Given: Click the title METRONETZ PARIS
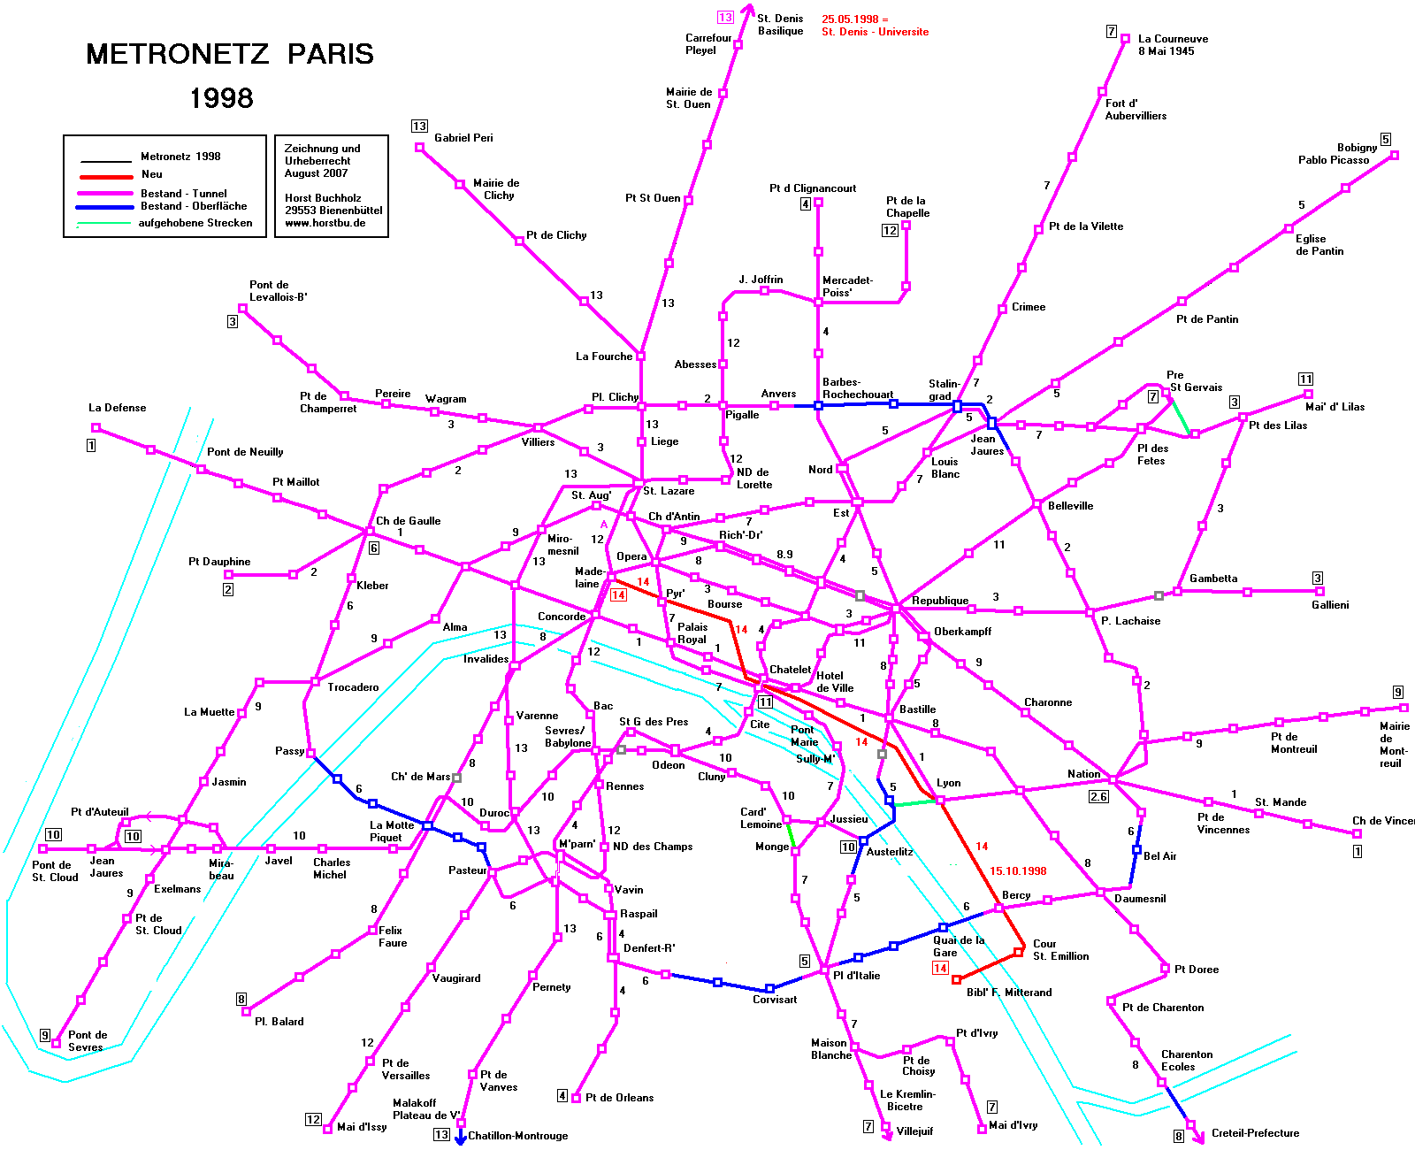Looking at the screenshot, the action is pyautogui.click(x=230, y=54).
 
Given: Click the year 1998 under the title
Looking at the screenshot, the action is pyautogui.click(x=221, y=98).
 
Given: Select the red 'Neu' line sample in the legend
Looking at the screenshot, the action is pyautogui.click(x=106, y=177).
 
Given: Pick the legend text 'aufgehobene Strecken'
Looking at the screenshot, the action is pyautogui.click(x=195, y=223).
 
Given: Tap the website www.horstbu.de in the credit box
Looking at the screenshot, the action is pyautogui.click(x=325, y=223).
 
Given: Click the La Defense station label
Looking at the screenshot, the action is pyautogui.click(x=117, y=407).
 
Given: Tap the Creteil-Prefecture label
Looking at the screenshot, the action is pyautogui.click(x=1255, y=1132).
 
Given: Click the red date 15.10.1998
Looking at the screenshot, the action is pyautogui.click(x=1018, y=871).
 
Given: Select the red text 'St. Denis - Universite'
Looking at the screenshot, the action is pyautogui.click(x=875, y=32).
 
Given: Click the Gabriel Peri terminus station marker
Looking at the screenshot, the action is pyautogui.click(x=419, y=148).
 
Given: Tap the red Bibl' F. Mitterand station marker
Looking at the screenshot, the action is pyautogui.click(x=957, y=979).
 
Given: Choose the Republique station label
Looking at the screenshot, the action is pyautogui.click(x=940, y=601).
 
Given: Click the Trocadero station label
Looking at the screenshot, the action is pyautogui.click(x=353, y=687).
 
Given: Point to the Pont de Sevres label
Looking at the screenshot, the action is pyautogui.click(x=87, y=1040).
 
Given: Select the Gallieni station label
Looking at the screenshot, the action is pyautogui.click(x=1330, y=604).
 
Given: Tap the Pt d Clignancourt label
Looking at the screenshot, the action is pyautogui.click(x=813, y=188).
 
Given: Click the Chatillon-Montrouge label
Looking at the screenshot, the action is pyautogui.click(x=517, y=1135).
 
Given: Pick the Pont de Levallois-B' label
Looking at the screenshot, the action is pyautogui.click(x=279, y=291).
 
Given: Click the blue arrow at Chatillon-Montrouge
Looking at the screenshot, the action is pyautogui.click(x=460, y=1137).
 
